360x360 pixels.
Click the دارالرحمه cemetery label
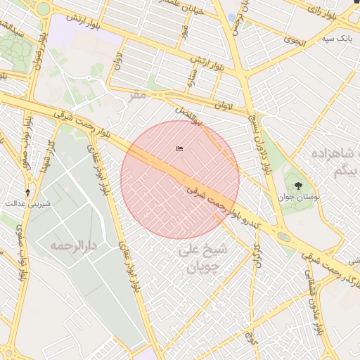click(72, 246)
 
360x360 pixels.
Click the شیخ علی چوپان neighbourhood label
click(203, 258)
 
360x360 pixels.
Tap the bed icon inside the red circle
click(179, 148)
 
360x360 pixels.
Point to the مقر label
click(138, 94)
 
